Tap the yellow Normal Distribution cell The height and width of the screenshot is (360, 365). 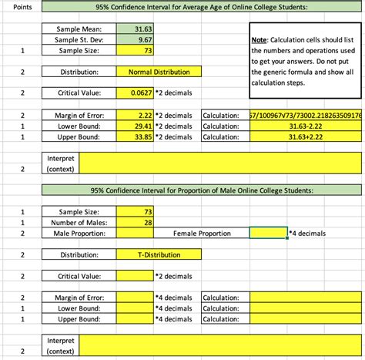click(159, 72)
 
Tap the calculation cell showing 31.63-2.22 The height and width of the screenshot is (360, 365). click(304, 126)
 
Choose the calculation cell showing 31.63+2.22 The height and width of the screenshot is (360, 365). click(304, 136)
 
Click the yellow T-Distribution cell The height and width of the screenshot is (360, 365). click(159, 254)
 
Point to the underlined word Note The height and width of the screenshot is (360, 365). click(260, 39)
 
